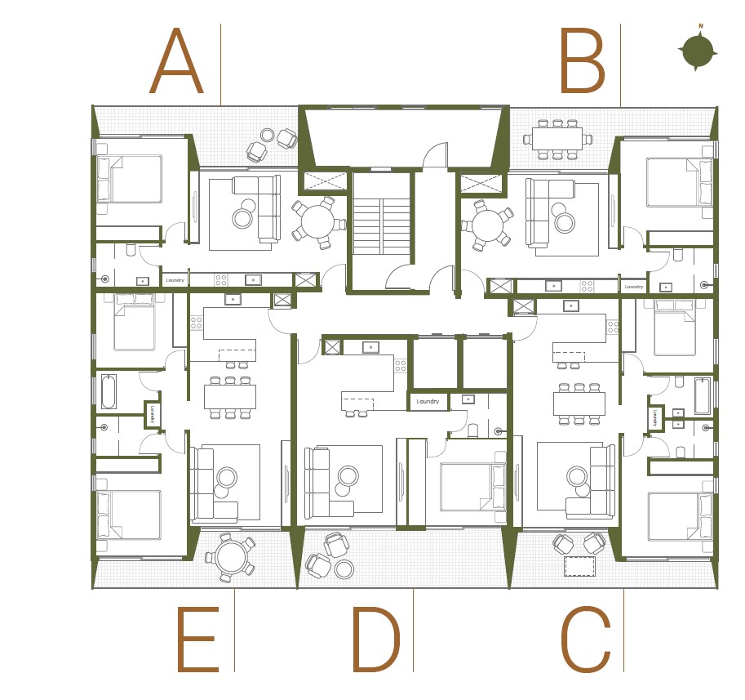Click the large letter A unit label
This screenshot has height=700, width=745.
pyautogui.click(x=175, y=63)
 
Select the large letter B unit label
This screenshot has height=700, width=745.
pyautogui.click(x=581, y=63)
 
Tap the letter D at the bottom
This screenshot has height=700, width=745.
pyautogui.click(x=375, y=641)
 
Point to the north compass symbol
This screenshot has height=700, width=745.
pyautogui.click(x=698, y=51)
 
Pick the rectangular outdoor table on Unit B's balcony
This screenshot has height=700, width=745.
pyautogui.click(x=557, y=139)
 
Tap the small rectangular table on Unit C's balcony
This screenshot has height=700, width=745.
pyautogui.click(x=579, y=565)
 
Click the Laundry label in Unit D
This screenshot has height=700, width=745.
pyautogui.click(x=428, y=401)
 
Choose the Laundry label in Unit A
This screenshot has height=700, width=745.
pyautogui.click(x=175, y=280)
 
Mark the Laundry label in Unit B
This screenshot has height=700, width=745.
pyautogui.click(x=633, y=287)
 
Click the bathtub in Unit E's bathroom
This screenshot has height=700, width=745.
pyautogui.click(x=109, y=391)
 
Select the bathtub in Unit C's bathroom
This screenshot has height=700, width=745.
pyautogui.click(x=702, y=395)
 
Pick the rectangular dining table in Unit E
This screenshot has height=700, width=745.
pyautogui.click(x=229, y=396)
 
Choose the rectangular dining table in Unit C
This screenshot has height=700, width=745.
pyautogui.click(x=579, y=404)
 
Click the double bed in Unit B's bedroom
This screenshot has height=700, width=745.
pyautogui.click(x=680, y=181)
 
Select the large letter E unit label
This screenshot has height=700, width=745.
pyautogui.click(x=197, y=641)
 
